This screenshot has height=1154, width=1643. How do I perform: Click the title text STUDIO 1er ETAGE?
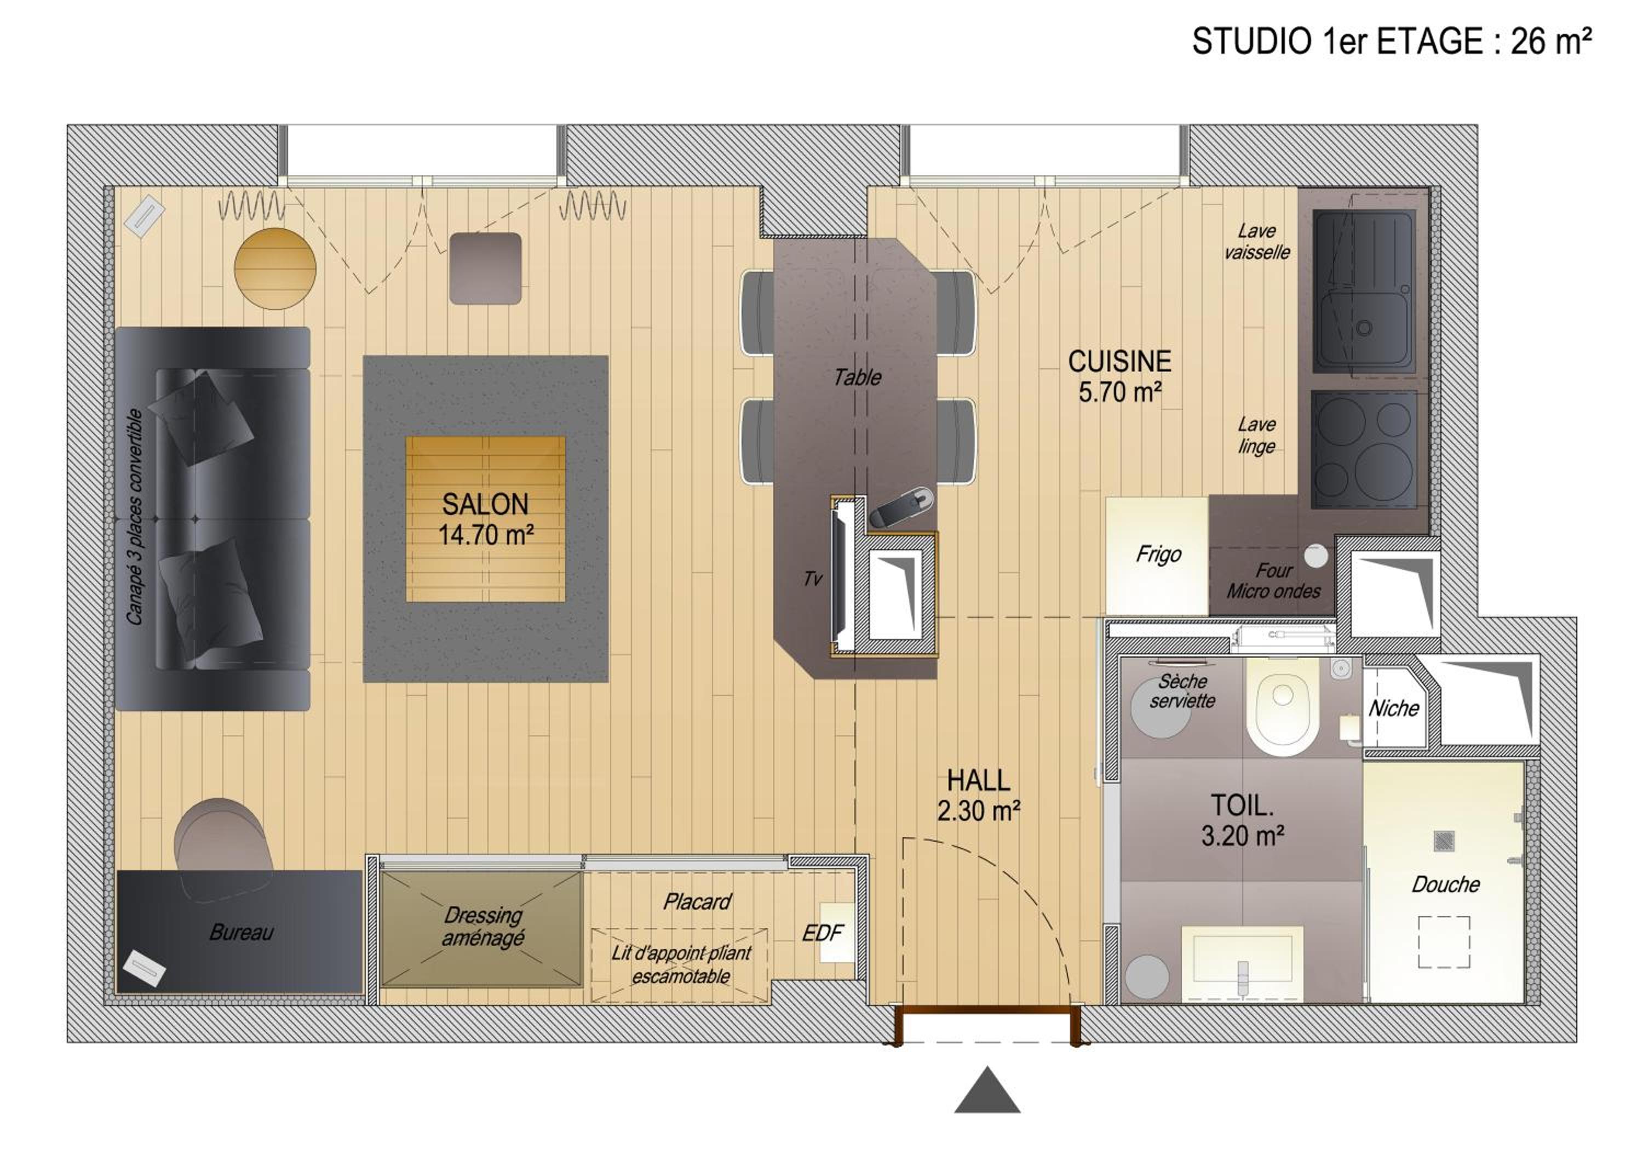pyautogui.click(x=1337, y=42)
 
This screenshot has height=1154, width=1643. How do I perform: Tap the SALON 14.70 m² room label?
pyautogui.click(x=486, y=519)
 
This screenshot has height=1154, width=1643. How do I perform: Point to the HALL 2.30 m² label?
pyautogui.click(x=978, y=795)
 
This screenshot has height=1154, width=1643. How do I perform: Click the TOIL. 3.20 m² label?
pyautogui.click(x=1242, y=820)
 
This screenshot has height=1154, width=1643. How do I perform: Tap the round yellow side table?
pyautogui.click(x=275, y=268)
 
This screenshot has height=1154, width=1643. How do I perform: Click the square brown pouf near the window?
pyautogui.click(x=485, y=268)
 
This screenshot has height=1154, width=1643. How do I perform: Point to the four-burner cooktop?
pyautogui.click(x=1364, y=449)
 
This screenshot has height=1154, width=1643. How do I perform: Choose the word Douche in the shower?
pyautogui.click(x=1445, y=884)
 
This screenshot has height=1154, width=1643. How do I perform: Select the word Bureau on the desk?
pyautogui.click(x=241, y=932)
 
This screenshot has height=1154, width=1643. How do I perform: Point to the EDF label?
pyautogui.click(x=822, y=933)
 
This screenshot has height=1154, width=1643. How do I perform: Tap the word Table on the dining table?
pyautogui.click(x=857, y=377)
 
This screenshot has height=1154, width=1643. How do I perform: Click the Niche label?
pyautogui.click(x=1393, y=709)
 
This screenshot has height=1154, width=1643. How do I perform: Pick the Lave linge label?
pyautogui.click(x=1256, y=435)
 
